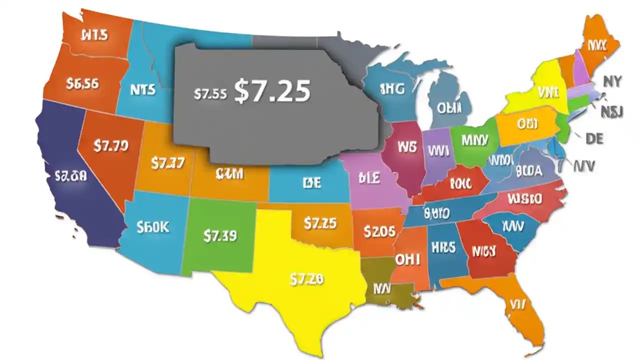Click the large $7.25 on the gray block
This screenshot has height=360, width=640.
click(272, 91)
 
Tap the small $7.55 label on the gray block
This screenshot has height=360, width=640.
click(210, 93)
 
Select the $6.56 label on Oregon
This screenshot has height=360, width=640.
click(82, 83)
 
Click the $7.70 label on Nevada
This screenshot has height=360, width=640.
click(111, 146)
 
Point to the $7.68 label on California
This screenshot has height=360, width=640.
click(70, 175)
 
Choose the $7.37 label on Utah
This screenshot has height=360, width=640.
click(167, 162)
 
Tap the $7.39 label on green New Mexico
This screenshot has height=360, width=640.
click(220, 235)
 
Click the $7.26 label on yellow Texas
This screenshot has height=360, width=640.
click(306, 279)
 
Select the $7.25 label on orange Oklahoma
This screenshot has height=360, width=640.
click(320, 222)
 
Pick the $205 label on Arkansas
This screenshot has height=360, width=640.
click(379, 231)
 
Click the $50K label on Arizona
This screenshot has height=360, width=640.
click(152, 227)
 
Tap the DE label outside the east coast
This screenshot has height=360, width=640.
click(594, 138)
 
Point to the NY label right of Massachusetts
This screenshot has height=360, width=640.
click(612, 81)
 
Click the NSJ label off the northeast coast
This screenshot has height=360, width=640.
click(611, 111)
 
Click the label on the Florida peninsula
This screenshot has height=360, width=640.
click(517, 304)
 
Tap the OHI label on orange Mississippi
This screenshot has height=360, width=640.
click(407, 259)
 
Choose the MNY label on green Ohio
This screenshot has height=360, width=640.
click(474, 139)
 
